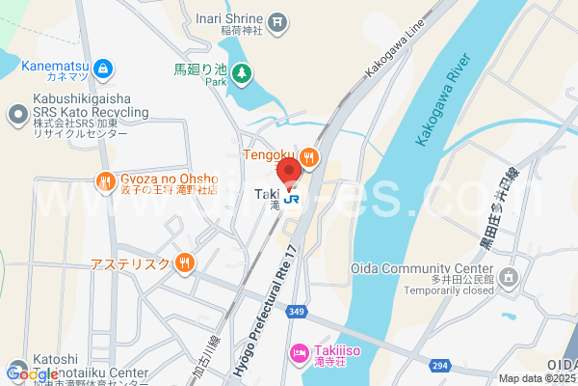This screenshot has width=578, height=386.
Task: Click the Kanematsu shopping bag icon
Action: pyautogui.click(x=104, y=69)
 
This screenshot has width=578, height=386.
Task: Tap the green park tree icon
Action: pyautogui.click(x=241, y=72)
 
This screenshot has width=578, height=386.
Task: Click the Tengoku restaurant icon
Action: pyautogui.click(x=308, y=156)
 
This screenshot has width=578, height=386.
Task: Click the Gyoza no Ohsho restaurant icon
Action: pyautogui.click(x=104, y=179)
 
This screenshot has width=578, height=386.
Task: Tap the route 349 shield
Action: pyautogui.click(x=296, y=311)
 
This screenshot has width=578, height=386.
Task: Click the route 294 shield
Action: pyautogui.click(x=441, y=365)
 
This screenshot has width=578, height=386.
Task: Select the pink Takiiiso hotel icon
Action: pyautogui.click(x=299, y=353)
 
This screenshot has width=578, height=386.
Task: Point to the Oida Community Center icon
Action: pyautogui.click(x=510, y=278)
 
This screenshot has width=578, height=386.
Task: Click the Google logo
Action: pyautogui.click(x=33, y=374)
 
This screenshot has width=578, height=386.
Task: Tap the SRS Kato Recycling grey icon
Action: pyautogui.click(x=16, y=116)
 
